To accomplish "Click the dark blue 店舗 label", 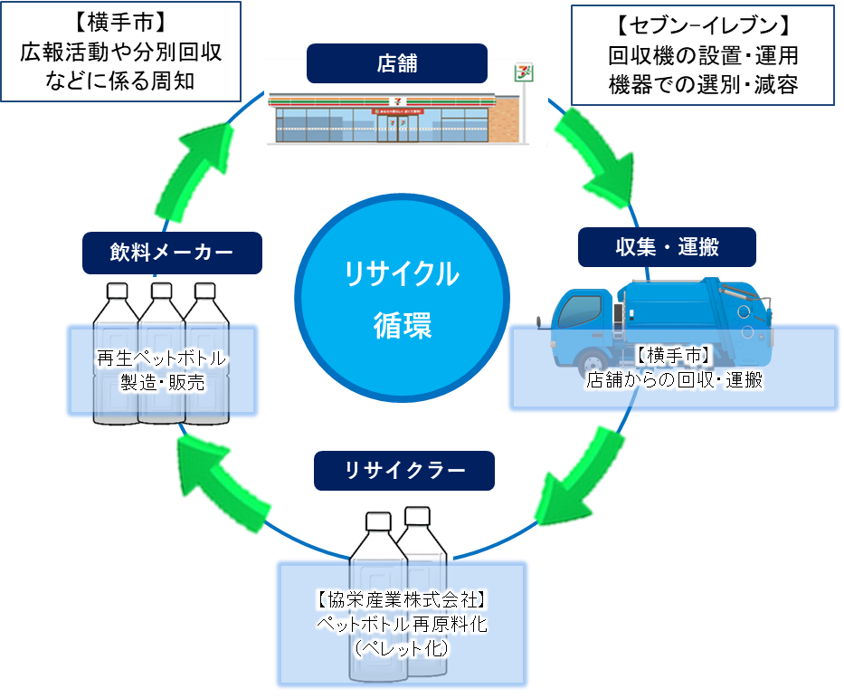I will tap(396, 63).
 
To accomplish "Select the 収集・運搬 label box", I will tap(667, 245).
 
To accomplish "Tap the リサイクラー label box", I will tap(404, 471).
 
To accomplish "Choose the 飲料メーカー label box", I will tap(172, 253).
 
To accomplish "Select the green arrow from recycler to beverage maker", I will tap(222, 480).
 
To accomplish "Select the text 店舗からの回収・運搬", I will tap(674, 380).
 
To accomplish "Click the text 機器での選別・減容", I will tap(703, 85).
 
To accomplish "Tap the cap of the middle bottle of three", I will tap(162, 291).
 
